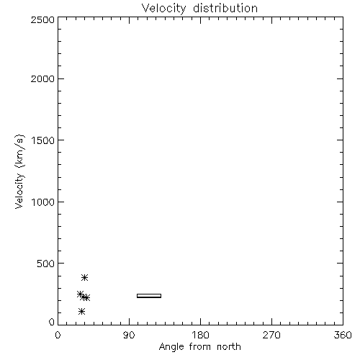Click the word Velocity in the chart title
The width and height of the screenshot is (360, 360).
pyautogui.click(x=163, y=9)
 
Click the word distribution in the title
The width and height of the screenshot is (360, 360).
pyautogui.click(x=225, y=8)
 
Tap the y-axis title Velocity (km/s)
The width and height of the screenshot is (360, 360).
pyautogui.click(x=19, y=171)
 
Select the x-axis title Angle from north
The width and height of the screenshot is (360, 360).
pyautogui.click(x=199, y=347)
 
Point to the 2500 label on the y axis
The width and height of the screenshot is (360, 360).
pyautogui.click(x=42, y=19)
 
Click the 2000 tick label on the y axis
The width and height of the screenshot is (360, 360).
pyautogui.click(x=42, y=78)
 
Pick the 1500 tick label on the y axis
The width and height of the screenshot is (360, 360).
pyautogui.click(x=43, y=140)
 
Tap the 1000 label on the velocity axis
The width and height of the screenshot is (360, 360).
pyautogui.click(x=43, y=202)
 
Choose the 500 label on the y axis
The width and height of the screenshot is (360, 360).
pyautogui.click(x=46, y=264)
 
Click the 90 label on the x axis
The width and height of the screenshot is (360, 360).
pyautogui.click(x=129, y=335)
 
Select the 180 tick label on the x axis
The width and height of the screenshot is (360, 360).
pyautogui.click(x=200, y=335)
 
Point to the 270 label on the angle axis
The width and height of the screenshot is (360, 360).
pyautogui.click(x=271, y=335)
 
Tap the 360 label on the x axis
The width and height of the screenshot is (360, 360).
pyautogui.click(x=343, y=335)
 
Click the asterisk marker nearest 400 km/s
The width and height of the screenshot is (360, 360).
pyautogui.click(x=84, y=278)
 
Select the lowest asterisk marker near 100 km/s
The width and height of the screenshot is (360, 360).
pyautogui.click(x=82, y=312)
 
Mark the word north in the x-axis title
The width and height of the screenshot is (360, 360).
pyautogui.click(x=229, y=347)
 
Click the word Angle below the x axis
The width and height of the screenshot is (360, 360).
pyautogui.click(x=171, y=347)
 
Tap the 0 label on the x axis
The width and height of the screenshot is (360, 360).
pyautogui.click(x=58, y=335)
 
